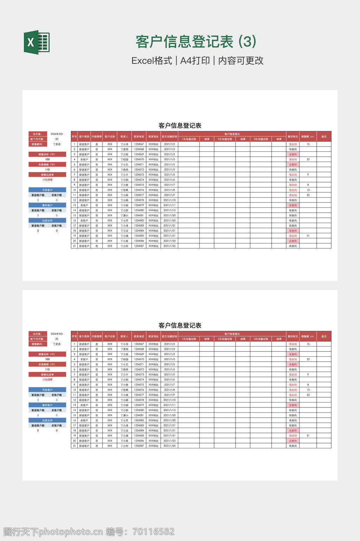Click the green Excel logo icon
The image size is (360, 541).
pos(37,42)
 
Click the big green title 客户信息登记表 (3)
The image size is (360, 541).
pos(196,42)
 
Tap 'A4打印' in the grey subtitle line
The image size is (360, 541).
pos(195,61)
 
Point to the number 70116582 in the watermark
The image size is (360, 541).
pos(153,531)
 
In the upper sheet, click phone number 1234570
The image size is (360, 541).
pos(139,160)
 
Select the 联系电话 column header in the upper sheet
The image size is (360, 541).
pos(139,137)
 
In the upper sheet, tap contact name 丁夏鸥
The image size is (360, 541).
pos(124,149)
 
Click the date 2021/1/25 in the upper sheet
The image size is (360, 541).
pos(169,246)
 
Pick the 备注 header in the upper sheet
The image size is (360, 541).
pos(324,137)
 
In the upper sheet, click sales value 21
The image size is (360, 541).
pos(308,236)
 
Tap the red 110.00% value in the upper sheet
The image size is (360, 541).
pos(47,180)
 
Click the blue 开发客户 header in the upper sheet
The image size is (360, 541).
pos(47,190)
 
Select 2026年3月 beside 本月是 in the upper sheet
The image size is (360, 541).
pos(57,134)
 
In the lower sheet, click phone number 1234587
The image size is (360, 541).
pos(139,446)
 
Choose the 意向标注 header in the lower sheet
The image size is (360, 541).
pos(292,336)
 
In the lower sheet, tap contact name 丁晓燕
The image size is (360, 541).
pos(124,369)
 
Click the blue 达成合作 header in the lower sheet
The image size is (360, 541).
pos(47,421)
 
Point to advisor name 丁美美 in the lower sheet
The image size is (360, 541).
pos(57,344)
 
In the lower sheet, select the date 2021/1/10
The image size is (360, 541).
pos(169,400)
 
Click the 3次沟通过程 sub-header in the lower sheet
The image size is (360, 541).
pos(261,339)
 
